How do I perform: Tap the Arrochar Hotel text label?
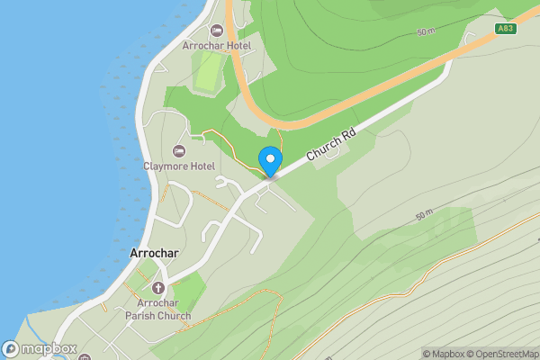[x=216, y=45]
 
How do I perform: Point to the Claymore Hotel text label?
[x=178, y=166]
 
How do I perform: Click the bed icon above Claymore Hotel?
[x=179, y=150]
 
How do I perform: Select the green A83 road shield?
[x=506, y=29]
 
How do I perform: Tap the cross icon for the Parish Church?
[x=159, y=288]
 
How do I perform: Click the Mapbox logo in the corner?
[x=39, y=349]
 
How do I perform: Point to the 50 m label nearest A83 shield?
[x=426, y=32]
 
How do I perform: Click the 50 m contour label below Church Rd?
[x=425, y=217]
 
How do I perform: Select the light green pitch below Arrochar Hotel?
[x=208, y=71]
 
